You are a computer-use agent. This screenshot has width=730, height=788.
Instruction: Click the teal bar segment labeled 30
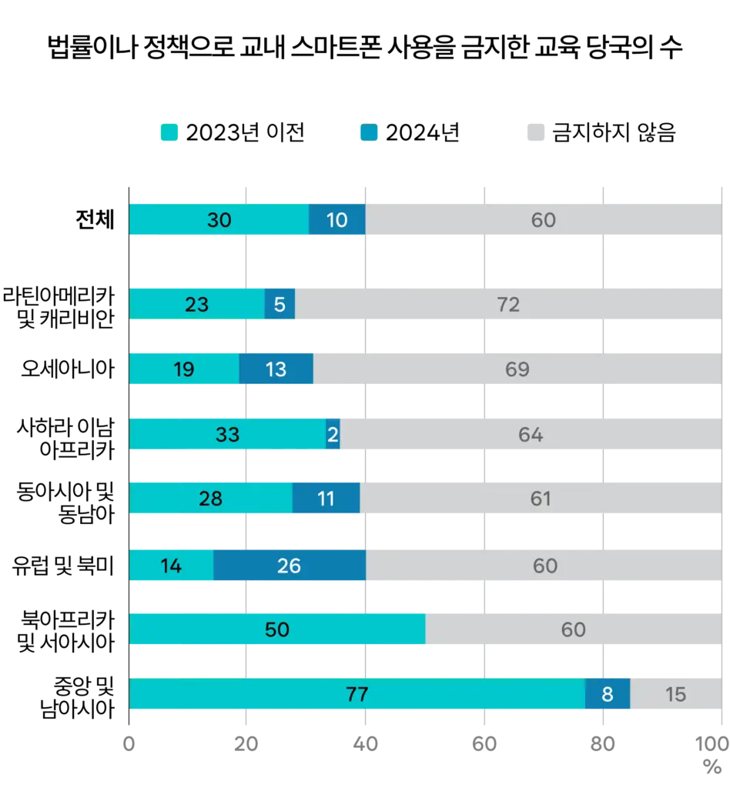(219, 220)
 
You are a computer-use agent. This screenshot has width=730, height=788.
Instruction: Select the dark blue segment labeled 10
(337, 220)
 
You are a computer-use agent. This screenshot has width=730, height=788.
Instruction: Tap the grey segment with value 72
(508, 305)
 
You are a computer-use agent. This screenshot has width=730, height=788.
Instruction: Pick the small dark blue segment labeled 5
(280, 305)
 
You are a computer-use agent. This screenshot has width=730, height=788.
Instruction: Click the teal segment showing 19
(184, 369)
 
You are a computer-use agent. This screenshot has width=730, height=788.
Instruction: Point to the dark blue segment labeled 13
(276, 369)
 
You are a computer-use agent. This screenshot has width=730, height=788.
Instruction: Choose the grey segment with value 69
(517, 369)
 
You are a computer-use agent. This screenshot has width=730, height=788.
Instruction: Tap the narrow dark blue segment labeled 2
(333, 435)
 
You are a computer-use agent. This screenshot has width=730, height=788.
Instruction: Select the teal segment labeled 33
(227, 435)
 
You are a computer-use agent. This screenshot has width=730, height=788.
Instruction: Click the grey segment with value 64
(531, 435)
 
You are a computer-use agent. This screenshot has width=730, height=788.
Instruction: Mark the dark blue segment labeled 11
(326, 499)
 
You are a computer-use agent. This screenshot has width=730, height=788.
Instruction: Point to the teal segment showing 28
(210, 499)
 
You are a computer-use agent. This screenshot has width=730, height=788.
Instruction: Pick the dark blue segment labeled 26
(289, 566)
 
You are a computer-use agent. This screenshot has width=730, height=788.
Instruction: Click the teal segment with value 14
(171, 566)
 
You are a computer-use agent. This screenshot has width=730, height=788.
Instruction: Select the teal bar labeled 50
(276, 629)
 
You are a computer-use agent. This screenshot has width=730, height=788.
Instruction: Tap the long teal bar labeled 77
(357, 694)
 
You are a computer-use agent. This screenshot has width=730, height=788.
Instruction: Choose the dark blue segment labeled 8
(608, 694)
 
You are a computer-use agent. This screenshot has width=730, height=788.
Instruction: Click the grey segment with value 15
(675, 694)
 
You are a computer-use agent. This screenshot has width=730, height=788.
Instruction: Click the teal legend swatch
(169, 132)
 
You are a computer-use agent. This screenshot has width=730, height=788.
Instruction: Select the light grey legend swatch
(536, 132)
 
